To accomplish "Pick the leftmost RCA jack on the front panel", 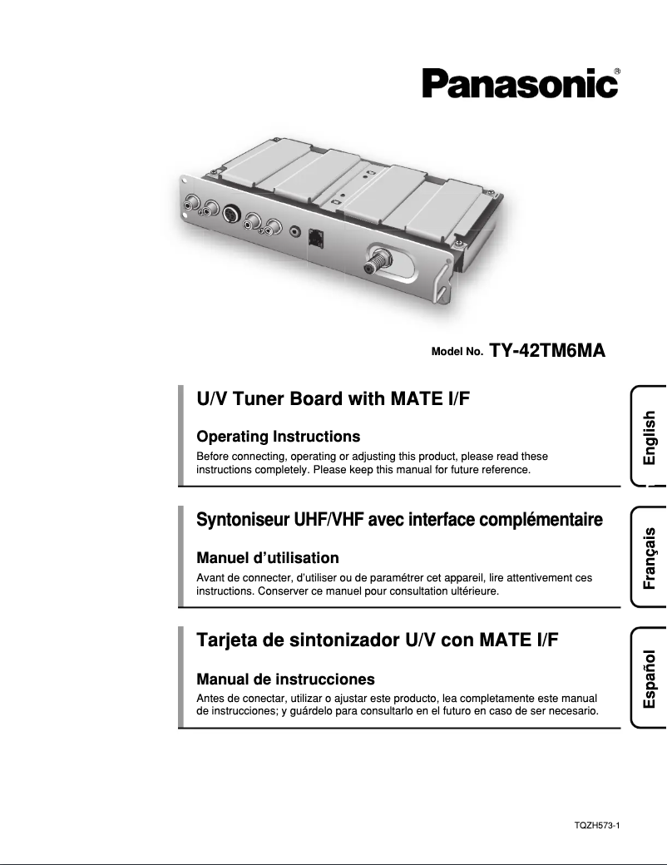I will [192, 201].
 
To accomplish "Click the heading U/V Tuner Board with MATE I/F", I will [333, 398].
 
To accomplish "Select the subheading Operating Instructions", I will [278, 437].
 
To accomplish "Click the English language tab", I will [649, 437].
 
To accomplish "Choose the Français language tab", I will [649, 557].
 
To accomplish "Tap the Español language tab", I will [649, 679].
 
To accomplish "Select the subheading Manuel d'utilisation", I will [267, 557].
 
